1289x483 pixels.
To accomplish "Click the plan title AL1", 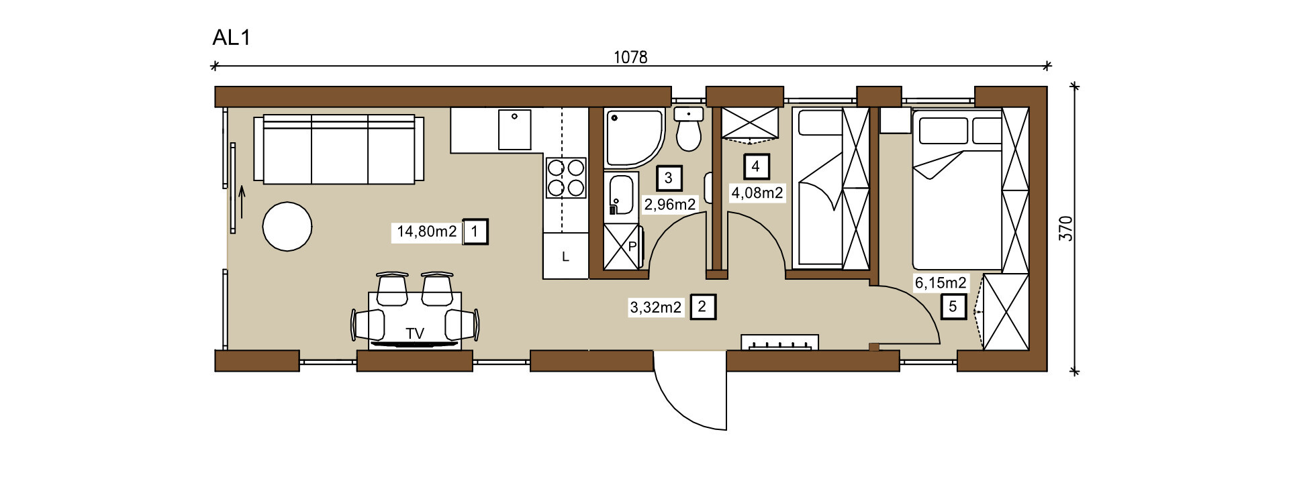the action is tap(231, 38).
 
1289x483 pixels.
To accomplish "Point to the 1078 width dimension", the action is tap(630, 57).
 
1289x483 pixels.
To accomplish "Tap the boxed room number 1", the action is tap(475, 232).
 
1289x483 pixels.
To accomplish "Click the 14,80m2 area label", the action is tap(427, 232).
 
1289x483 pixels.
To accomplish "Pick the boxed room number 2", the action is tap(702, 307).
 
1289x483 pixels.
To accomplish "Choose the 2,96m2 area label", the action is tap(670, 204).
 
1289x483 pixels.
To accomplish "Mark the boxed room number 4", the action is tap(756, 166).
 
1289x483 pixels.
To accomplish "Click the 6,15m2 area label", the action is tap(941, 283).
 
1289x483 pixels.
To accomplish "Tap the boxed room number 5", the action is tap(953, 307).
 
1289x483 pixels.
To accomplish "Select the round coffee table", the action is tap(287, 227).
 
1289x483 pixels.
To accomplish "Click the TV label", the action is tap(415, 333).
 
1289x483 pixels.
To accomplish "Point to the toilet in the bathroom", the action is tap(688, 129).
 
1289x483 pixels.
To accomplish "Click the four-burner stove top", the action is tap(566, 177).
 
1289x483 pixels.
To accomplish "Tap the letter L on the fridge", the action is tap(565, 257).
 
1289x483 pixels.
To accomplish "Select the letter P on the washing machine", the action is tap(632, 247).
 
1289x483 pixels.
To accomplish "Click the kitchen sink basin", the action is tap(515, 130).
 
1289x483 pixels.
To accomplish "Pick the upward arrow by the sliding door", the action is tap(242, 202).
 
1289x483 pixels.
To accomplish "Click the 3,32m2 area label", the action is tap(656, 308).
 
